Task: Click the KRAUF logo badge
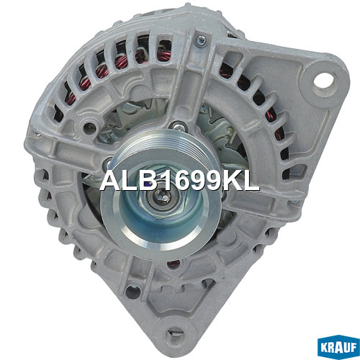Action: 338,347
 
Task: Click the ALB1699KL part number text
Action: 179,181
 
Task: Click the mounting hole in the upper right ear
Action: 326,83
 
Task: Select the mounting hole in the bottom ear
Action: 174,334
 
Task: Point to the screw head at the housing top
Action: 200,40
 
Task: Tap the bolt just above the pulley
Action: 178,127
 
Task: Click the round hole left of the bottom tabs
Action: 132,291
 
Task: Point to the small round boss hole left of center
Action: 90,125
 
